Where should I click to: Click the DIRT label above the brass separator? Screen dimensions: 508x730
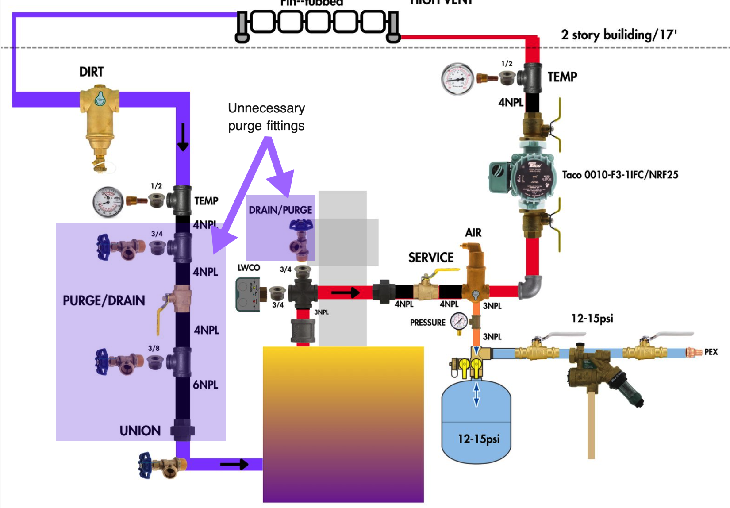click(x=91, y=72)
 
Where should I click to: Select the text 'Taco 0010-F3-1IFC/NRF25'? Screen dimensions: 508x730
click(x=620, y=175)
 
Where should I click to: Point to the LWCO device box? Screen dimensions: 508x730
click(x=247, y=294)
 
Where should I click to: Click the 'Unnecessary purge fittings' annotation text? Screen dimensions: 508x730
click(x=266, y=117)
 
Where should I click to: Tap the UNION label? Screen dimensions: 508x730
click(x=140, y=431)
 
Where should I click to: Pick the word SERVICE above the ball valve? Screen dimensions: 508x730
click(x=430, y=258)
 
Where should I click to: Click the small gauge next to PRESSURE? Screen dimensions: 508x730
click(x=459, y=322)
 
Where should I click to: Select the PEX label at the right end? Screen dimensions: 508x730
click(x=711, y=352)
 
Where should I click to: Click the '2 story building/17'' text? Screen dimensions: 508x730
click(x=619, y=35)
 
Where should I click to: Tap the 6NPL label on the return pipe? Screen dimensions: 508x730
click(x=205, y=385)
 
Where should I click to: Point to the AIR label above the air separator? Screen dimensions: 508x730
click(x=473, y=233)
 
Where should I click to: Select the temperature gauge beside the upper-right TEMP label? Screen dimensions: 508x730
click(x=457, y=79)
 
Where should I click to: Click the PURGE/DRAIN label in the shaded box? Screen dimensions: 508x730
click(x=104, y=300)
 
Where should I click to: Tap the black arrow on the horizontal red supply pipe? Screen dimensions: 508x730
click(x=345, y=292)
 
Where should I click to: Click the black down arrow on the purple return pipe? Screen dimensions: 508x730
click(x=183, y=137)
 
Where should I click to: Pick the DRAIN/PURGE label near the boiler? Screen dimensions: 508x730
click(x=280, y=210)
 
